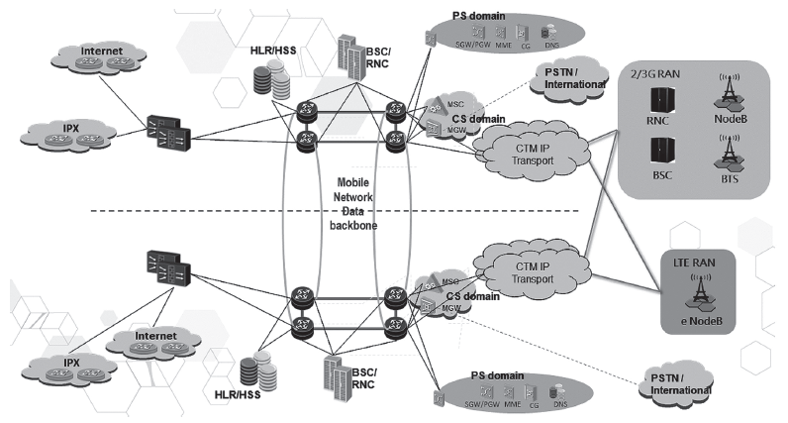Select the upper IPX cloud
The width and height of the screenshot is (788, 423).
(x=65, y=132)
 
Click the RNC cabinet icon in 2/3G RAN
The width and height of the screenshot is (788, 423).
(x=658, y=102)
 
